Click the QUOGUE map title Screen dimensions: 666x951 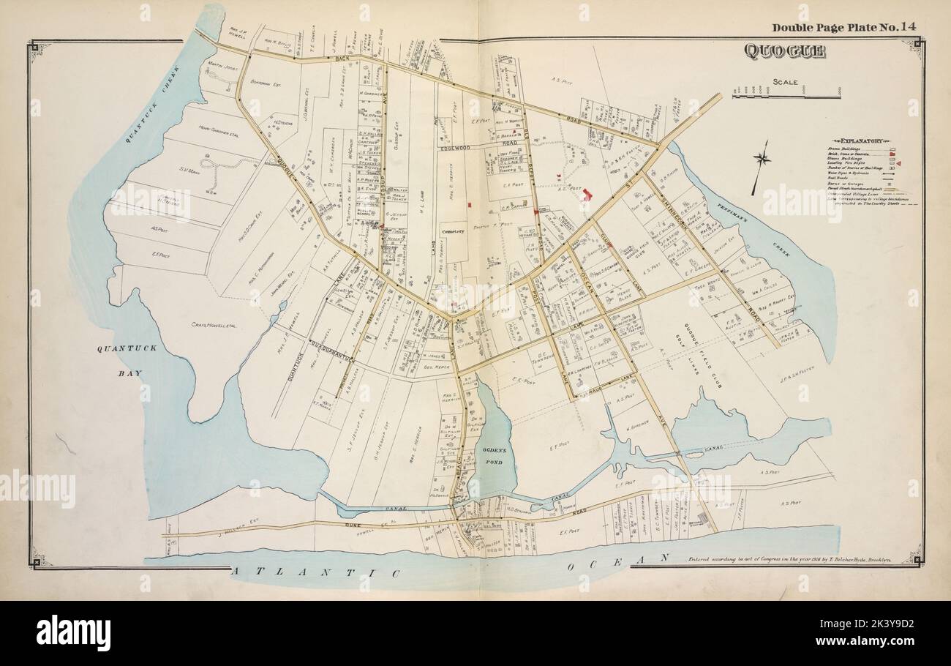click(x=784, y=51)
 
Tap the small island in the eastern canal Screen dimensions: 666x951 click(x=693, y=454)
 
